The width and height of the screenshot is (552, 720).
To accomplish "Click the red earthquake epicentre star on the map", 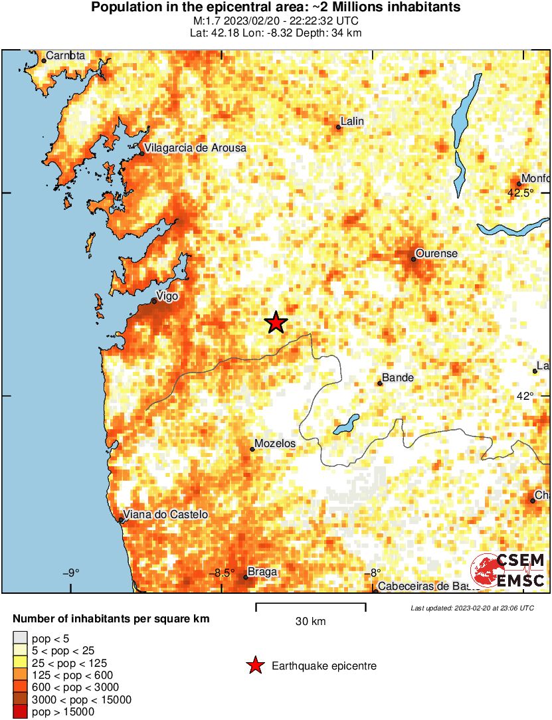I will (x=276, y=323).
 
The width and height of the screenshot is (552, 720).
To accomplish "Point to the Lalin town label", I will (x=352, y=122).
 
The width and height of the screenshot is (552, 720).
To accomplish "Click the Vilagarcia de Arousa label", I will (x=195, y=148).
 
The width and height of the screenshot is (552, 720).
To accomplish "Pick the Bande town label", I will (x=399, y=378).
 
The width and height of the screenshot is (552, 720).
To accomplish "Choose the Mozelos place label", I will (x=276, y=444).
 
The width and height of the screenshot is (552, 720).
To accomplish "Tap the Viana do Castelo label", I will (x=166, y=515).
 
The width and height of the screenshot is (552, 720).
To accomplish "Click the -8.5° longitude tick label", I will (x=223, y=573).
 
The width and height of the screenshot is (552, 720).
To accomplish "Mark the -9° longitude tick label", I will (x=71, y=573).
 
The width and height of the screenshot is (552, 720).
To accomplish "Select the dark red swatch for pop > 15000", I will (x=21, y=712).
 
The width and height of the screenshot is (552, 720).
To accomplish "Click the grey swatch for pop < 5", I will (x=21, y=639).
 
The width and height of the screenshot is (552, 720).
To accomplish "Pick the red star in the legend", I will (x=255, y=666).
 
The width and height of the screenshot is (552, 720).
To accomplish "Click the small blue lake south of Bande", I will (x=346, y=424).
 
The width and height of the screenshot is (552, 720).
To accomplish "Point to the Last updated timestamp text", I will (x=472, y=608).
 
